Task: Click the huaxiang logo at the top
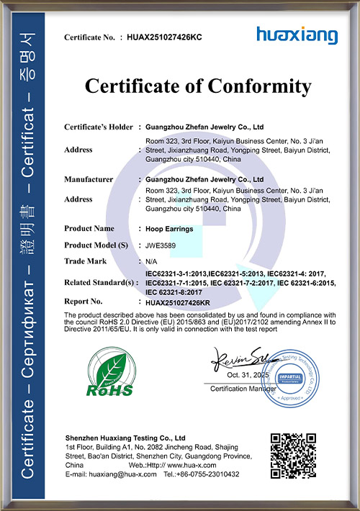tap(296, 34)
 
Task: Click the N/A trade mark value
tap(151, 260)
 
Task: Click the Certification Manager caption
tap(243, 389)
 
